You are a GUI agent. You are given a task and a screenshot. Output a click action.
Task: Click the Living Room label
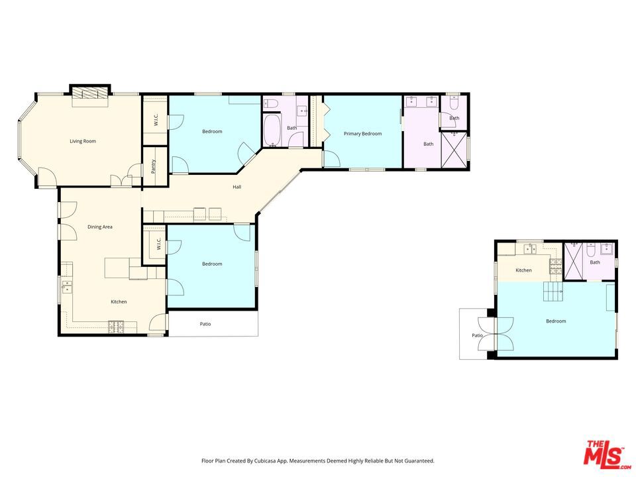(83, 141)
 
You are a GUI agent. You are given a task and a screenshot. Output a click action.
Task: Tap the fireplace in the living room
(90, 94)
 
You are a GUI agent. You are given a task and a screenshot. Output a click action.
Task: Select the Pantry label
(153, 167)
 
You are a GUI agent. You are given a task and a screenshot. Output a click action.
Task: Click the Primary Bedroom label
(362, 133)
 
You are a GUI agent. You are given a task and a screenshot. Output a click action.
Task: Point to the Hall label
(237, 187)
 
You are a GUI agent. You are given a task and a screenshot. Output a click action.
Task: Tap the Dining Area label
(100, 227)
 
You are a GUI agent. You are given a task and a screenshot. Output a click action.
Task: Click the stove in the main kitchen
(117, 327)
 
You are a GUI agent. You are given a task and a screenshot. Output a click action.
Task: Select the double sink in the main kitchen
(66, 287)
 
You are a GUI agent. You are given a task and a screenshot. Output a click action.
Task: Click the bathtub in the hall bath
(272, 130)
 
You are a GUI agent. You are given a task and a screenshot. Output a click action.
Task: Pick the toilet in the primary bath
(453, 105)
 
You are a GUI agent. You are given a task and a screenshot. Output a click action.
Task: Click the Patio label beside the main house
(205, 324)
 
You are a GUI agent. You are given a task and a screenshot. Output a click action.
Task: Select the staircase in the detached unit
(553, 291)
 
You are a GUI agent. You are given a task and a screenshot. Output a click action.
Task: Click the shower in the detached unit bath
(574, 261)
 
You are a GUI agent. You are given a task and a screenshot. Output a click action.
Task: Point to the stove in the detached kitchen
(556, 266)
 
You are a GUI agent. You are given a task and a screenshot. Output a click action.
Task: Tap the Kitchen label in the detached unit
(523, 270)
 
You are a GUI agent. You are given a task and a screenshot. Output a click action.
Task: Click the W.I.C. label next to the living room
(156, 120)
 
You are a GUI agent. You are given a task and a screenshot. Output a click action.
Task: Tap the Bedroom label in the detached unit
(556, 321)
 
